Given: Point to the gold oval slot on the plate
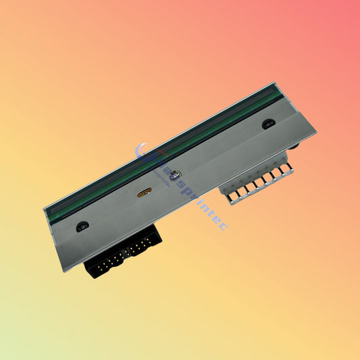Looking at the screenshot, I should (144, 192).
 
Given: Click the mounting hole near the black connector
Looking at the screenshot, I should (82, 226).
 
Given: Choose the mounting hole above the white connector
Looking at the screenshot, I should (267, 125).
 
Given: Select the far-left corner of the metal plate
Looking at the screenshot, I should (44, 207).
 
